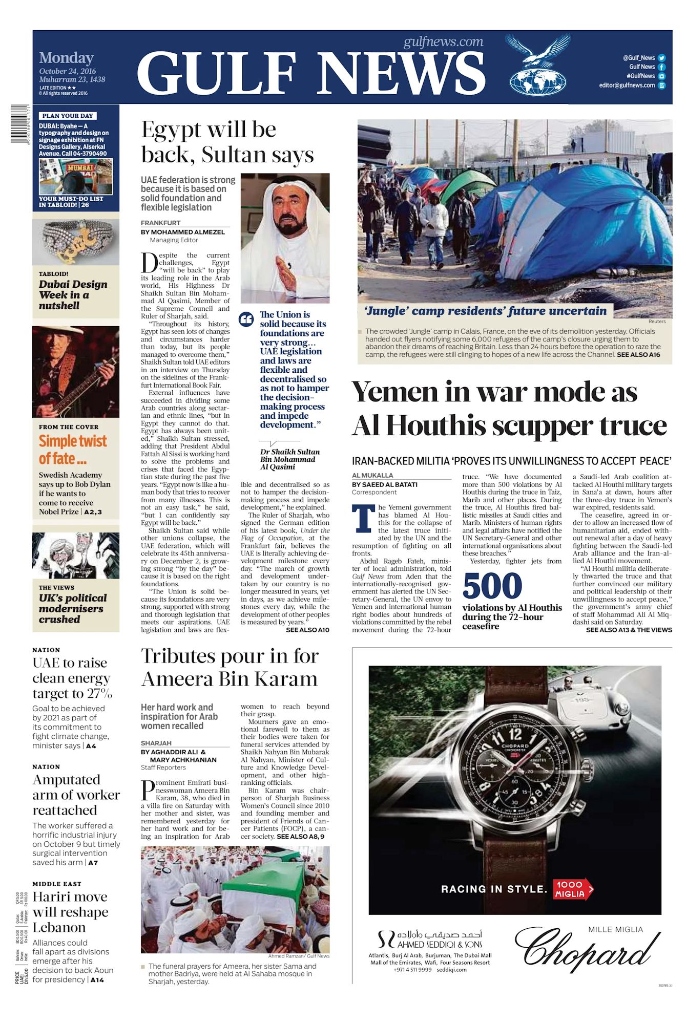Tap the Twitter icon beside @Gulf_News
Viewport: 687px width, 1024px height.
661,58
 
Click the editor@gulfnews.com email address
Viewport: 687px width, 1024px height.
627,86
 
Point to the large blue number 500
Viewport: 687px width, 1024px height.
492,586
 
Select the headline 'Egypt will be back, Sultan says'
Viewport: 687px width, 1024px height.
227,142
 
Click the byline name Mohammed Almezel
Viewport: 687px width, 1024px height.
188,232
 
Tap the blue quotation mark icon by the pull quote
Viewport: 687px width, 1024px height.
246,319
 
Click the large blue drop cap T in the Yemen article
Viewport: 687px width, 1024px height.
363,519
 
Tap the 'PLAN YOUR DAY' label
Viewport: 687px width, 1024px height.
68,116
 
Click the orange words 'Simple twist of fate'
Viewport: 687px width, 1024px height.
72,449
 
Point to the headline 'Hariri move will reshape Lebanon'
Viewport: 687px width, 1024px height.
70,912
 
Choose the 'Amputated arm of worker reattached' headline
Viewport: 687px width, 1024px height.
76,795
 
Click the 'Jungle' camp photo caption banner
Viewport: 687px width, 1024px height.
485,311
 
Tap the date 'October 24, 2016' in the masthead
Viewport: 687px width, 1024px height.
67,71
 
